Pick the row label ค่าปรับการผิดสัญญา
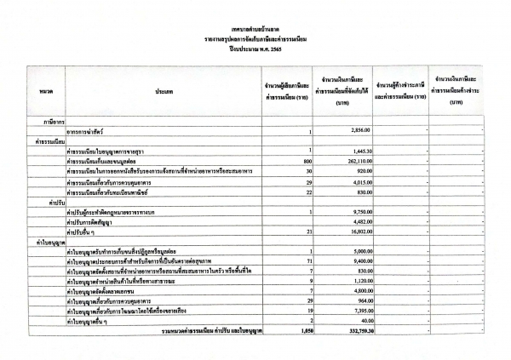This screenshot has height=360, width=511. click(x=91, y=224)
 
